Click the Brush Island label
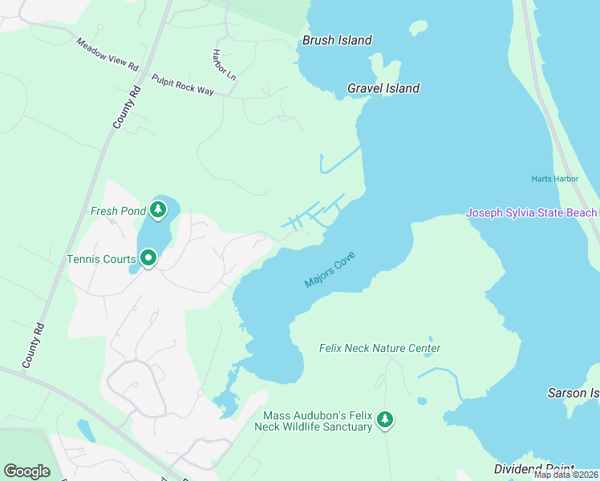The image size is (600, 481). coord(337,40)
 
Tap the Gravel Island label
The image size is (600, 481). coord(383,88)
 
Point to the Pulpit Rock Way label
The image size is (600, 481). coord(183,86)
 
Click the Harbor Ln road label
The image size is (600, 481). coord(224,65)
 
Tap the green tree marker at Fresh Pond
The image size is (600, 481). coord(158,210)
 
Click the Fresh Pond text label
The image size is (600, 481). coord(118,212)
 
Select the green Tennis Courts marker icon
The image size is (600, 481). coord(148,258)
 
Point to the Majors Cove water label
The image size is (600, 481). coord(329,270)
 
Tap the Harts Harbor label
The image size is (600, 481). coord(554,178)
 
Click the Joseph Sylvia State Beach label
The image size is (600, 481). coord(532,212)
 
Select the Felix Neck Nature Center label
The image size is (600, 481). coord(379,348)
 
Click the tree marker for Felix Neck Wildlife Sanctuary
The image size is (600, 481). coord(386,418)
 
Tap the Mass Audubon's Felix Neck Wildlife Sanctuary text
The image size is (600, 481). coord(318,421)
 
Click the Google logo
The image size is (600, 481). coord(26,471)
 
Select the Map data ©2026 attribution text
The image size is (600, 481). coord(566,475)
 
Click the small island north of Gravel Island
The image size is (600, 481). coord(417,28)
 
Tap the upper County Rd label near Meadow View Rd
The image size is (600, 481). coord(127,108)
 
